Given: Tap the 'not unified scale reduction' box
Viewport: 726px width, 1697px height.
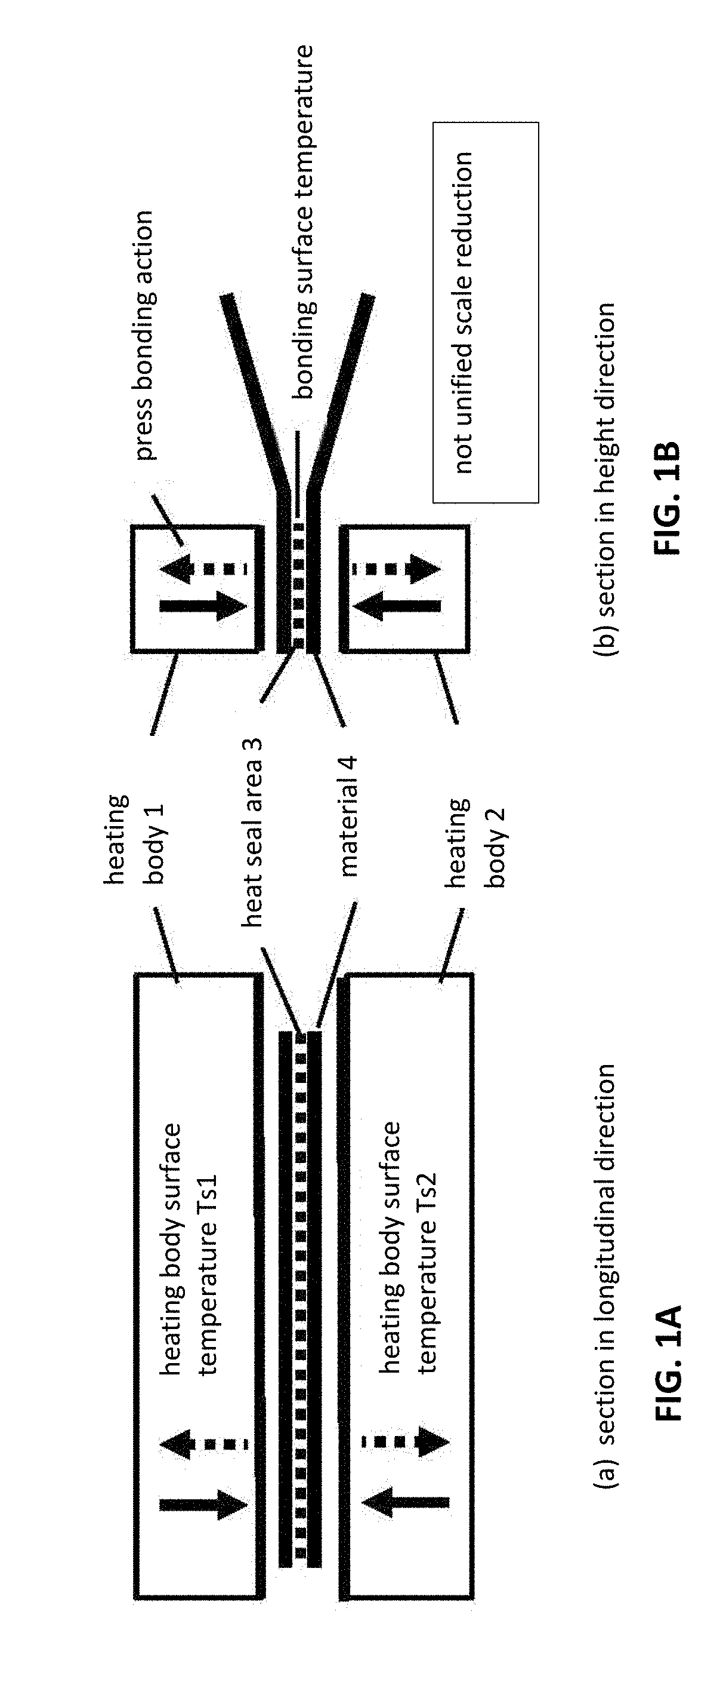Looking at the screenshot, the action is (x=486, y=312).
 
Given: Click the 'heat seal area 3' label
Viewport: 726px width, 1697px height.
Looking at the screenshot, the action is (x=252, y=833).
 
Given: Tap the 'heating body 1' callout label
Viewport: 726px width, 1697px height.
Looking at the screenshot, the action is (x=136, y=839).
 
